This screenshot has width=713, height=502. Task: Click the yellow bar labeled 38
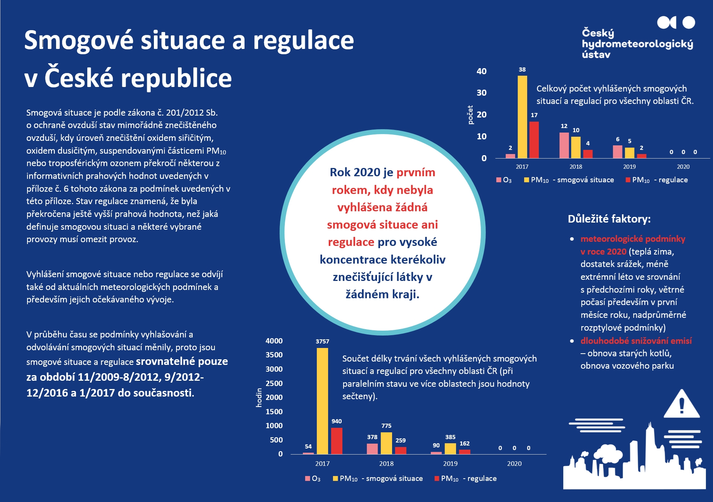point(522,117)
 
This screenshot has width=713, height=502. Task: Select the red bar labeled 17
point(534,140)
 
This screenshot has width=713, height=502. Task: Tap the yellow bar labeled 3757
point(322,401)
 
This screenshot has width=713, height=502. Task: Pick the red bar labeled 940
point(337,441)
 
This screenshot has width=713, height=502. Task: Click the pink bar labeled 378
point(372,449)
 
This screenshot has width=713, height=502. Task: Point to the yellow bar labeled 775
point(386,443)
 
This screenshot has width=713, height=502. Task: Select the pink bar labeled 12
point(564,145)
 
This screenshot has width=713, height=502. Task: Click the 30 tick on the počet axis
point(482,93)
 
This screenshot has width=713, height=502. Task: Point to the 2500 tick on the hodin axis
point(274,383)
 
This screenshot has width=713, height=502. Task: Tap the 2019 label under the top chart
point(629,166)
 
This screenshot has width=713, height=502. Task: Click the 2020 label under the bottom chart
point(514,464)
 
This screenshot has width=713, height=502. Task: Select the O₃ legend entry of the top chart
point(504,180)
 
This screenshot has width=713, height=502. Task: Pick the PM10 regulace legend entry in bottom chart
point(466,479)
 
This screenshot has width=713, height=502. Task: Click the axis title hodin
point(259,397)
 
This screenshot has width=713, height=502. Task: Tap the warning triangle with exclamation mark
point(681,405)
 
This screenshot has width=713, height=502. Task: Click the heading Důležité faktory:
point(609,219)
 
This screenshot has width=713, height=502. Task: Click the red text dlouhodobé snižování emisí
point(636,341)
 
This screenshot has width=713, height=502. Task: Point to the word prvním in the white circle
point(416,172)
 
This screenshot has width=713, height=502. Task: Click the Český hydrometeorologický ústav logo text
point(637,44)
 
